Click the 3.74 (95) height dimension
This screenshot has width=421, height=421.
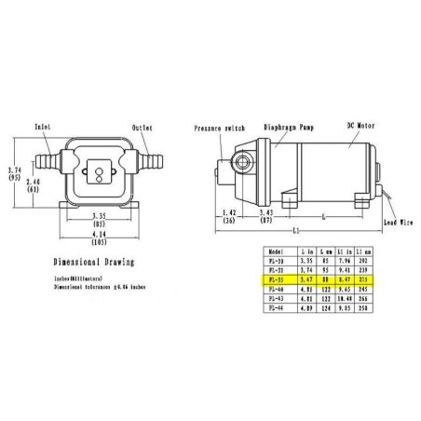(x=10, y=173)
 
